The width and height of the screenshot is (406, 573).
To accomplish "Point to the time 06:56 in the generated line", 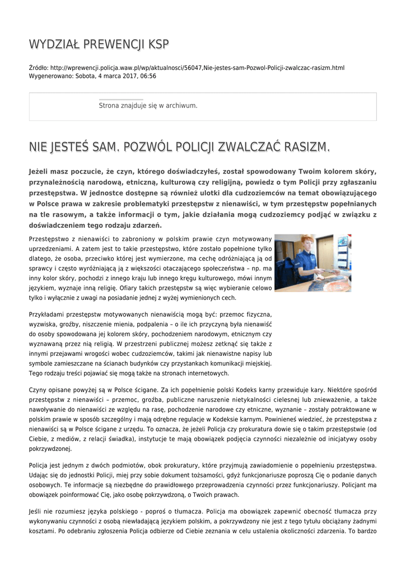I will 147,76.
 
